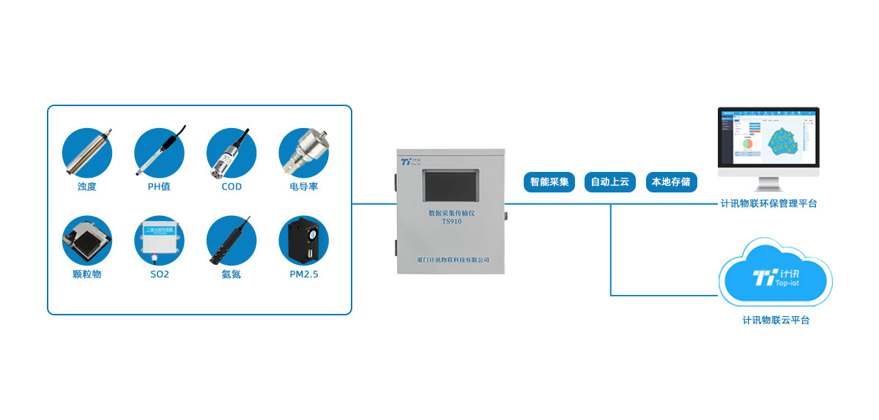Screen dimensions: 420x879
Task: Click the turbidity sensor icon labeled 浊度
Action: coord(86,153)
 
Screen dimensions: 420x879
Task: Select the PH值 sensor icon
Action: coord(159,153)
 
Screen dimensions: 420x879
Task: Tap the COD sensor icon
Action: coord(231,153)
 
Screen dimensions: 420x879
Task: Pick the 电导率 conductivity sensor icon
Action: coord(303,153)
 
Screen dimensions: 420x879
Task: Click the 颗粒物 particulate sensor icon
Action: coord(86,240)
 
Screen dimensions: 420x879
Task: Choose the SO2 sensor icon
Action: coord(159,240)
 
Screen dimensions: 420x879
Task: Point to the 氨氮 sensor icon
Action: coord(231,240)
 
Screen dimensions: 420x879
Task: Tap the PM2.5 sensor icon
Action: coord(303,240)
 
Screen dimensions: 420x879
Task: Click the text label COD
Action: coord(231,187)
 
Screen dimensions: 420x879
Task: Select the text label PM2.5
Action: coord(303,274)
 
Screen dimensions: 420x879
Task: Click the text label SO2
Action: coord(159,274)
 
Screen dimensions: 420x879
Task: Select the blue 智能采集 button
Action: coord(549,182)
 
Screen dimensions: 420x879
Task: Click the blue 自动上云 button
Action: coord(610,182)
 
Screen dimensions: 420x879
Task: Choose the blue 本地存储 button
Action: coord(671,182)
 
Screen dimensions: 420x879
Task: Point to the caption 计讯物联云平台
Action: coord(776,320)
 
